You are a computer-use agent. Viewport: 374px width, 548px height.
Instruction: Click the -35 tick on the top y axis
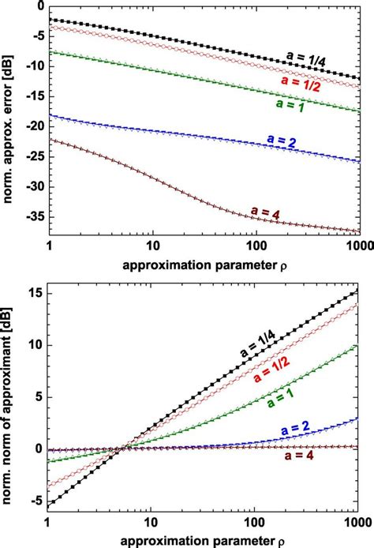coord(32,216)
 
